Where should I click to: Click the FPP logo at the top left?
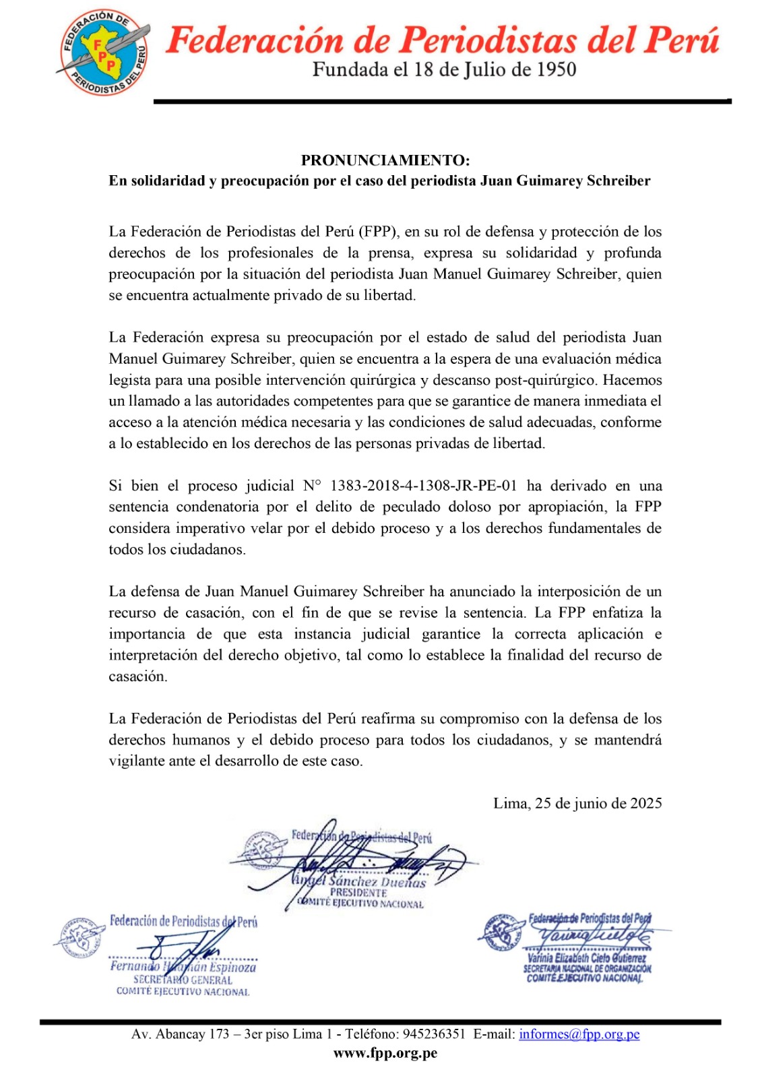[x=103, y=53]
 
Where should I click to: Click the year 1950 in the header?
[x=551, y=70]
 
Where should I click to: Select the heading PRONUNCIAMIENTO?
[x=385, y=160]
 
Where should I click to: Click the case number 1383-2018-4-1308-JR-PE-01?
[x=424, y=486]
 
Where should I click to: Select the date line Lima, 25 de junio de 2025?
[x=577, y=803]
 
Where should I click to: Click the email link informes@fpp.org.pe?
[x=579, y=1034]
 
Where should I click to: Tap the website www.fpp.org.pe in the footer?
[x=385, y=1054]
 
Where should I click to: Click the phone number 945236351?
[x=434, y=1034]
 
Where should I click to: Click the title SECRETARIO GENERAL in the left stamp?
[x=183, y=980]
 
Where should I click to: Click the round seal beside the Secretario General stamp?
[x=80, y=937]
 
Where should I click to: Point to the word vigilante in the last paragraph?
[x=138, y=761]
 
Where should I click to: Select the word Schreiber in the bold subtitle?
[x=618, y=181]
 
